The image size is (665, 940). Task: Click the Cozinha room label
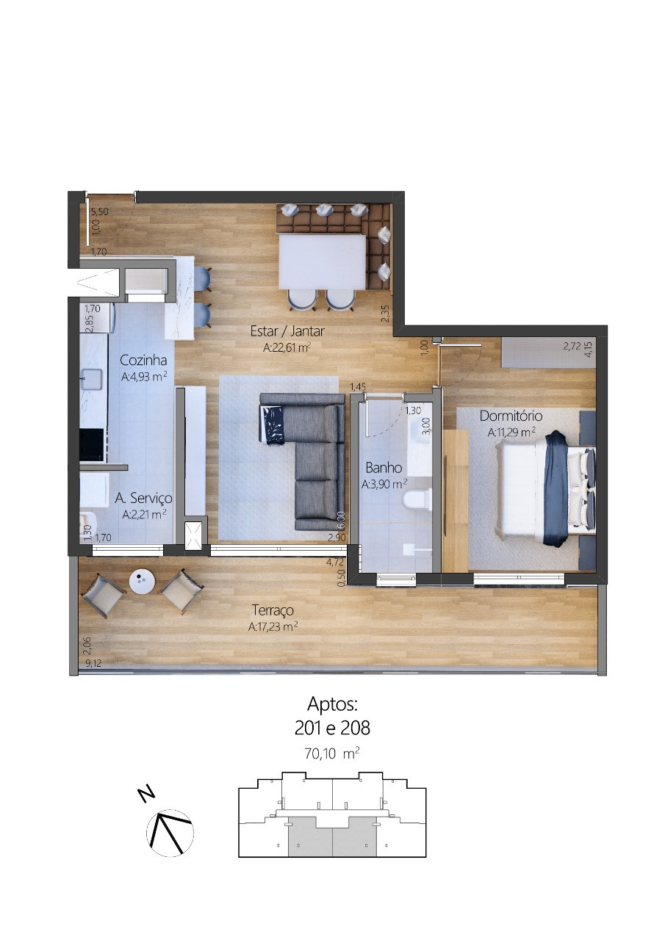143,360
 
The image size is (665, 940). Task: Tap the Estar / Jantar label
287,331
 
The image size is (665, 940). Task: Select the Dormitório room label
511,416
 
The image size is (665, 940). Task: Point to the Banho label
384,468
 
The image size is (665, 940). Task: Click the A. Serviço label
143,498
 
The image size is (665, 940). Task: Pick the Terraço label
273,610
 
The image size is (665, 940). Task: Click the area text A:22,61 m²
287,347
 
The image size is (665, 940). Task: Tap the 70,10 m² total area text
332,753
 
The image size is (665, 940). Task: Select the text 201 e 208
332,728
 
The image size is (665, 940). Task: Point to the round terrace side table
143,582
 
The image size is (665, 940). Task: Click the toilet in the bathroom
414,501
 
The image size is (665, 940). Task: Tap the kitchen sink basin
92,380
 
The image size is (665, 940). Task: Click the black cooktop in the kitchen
92,445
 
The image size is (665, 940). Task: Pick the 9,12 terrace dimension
93,663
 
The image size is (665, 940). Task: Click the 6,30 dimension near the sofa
341,521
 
